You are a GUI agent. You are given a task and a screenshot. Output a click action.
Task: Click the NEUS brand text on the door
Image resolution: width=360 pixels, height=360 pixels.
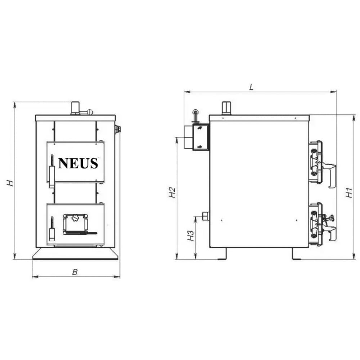click(78, 163)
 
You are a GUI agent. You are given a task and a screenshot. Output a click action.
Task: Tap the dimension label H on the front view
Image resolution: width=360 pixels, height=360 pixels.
click(11, 183)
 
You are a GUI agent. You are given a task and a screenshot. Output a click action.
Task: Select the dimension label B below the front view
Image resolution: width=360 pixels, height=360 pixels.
click(75, 273)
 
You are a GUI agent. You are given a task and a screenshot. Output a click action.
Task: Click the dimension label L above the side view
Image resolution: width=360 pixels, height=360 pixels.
click(252, 87)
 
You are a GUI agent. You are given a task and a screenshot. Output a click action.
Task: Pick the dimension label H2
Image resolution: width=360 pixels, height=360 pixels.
click(172, 193)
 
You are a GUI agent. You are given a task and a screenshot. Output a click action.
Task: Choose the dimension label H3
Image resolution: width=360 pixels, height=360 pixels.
click(191, 236)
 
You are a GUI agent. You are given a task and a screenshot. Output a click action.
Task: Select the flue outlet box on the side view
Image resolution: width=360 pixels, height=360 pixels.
click(200, 137)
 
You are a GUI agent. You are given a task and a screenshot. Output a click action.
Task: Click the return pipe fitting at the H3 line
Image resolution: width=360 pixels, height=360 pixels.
click(206, 216)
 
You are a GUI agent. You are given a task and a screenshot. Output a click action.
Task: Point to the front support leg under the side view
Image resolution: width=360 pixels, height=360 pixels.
click(296, 253)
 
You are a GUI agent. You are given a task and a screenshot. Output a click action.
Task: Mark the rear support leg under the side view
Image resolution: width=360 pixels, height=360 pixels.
click(222, 253)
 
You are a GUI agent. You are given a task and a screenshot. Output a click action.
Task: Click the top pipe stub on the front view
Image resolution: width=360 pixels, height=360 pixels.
click(75, 108)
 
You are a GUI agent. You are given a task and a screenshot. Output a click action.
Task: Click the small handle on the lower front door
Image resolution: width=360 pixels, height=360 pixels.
click(52, 230)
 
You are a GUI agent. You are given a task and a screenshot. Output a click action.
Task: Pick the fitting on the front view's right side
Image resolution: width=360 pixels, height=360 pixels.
click(118, 129)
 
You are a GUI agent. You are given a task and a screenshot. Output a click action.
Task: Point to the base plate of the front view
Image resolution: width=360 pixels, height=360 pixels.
click(75, 253)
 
